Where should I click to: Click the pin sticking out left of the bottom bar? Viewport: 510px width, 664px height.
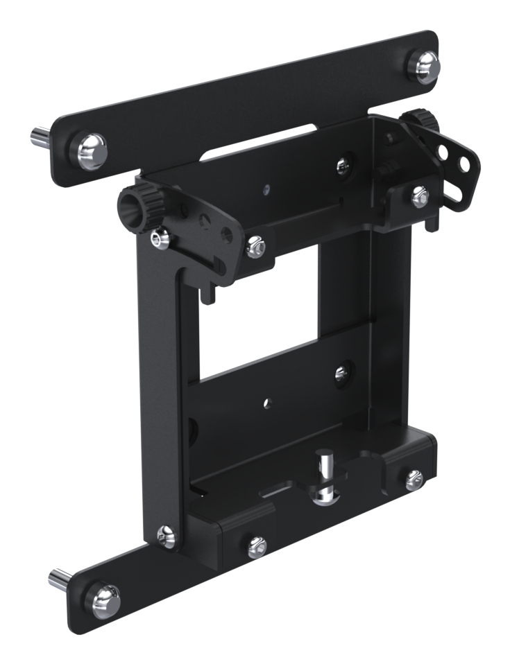59,577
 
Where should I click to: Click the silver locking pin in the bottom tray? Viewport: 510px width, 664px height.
324,478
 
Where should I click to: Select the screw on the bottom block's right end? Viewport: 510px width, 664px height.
414,476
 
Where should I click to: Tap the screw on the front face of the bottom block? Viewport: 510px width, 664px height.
256,546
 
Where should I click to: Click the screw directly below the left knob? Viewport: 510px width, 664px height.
160,239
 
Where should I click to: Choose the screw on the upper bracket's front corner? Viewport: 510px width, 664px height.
255,243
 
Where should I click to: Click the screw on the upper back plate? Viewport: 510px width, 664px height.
342,164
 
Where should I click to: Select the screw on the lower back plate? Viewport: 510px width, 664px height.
341,374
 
